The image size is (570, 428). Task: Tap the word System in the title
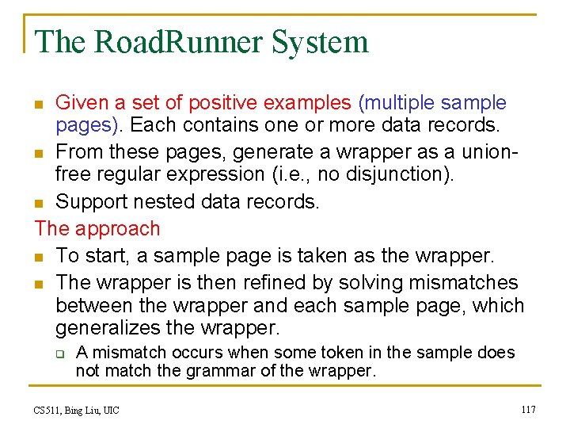(x=320, y=42)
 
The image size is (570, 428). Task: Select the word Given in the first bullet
(x=81, y=103)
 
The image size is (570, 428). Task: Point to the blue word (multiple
(x=397, y=103)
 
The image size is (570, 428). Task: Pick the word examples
(x=307, y=103)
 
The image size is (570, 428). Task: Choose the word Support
(x=93, y=201)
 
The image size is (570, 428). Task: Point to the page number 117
(x=528, y=409)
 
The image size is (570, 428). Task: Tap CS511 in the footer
(x=50, y=410)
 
